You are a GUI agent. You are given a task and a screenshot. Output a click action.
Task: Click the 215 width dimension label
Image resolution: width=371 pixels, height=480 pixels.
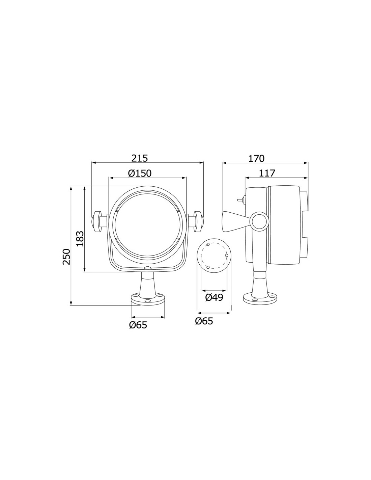pos(140,158)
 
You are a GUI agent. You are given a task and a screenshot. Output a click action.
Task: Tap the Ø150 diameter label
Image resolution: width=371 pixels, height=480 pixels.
pos(140,174)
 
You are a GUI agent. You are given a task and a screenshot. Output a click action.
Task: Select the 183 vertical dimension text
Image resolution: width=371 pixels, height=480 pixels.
pos(80,239)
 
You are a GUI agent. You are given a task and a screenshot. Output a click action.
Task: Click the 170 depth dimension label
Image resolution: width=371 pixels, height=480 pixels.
pos(256,158)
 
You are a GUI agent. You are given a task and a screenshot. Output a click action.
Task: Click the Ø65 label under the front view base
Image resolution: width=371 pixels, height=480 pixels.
pos(138,325)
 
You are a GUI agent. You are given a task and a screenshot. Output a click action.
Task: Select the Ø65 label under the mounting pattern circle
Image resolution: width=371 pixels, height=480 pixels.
pos(204,321)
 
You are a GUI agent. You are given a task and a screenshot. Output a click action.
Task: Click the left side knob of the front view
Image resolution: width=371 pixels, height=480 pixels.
pos(96,221)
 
